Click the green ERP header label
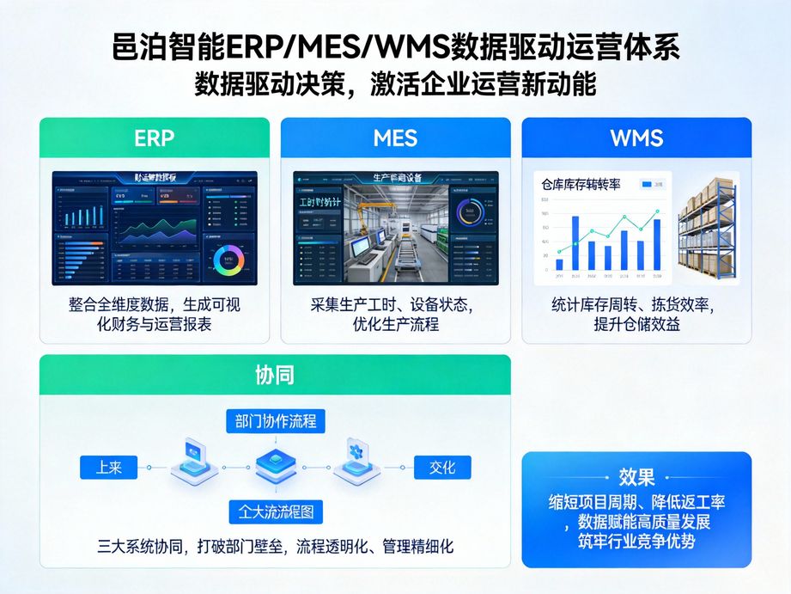pos(155,138)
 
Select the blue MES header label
pos(395,138)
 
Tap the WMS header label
pos(636,138)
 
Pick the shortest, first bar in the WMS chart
pos(560,265)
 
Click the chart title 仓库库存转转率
pos(581,184)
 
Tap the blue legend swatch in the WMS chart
pos(646,184)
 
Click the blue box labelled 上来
pos(108,468)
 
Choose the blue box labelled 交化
pos(441,468)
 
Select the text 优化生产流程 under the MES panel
pos(395,325)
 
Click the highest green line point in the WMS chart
pos(657,211)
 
